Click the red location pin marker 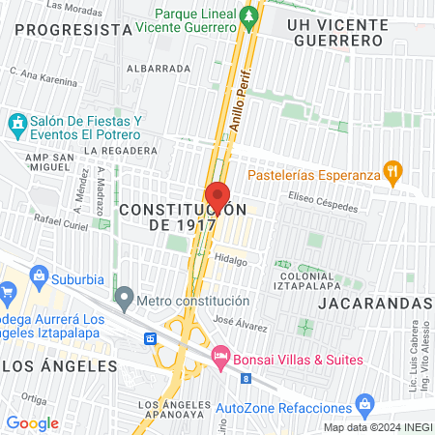(x=217, y=196)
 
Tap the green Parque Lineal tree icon (x=250, y=16)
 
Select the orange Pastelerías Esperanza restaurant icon (x=391, y=174)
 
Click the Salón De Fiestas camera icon (x=16, y=124)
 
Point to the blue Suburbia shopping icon (x=40, y=275)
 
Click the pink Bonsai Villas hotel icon (x=220, y=357)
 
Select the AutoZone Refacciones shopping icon (x=364, y=403)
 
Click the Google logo (x=33, y=423)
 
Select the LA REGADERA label (x=120, y=151)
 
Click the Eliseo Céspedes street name (x=324, y=205)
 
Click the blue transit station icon (x=151, y=338)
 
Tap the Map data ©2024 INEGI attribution (x=377, y=427)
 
